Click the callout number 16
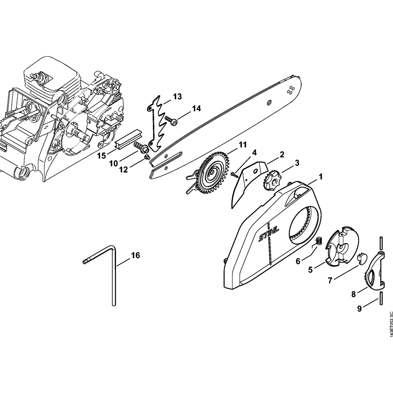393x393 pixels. click(135, 255)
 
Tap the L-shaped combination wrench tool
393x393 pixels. click(114, 275)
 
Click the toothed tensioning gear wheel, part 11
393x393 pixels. click(214, 171)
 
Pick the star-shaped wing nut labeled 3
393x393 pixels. click(271, 182)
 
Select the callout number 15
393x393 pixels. click(101, 156)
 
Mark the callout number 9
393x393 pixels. click(359, 309)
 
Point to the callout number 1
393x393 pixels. click(320, 177)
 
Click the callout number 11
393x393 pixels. click(242, 145)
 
